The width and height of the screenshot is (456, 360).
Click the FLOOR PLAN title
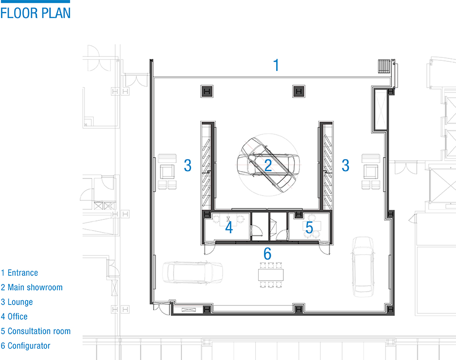(x=35, y=14)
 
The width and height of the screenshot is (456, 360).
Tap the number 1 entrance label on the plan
(x=276, y=65)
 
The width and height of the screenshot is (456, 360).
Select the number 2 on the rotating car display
(x=268, y=165)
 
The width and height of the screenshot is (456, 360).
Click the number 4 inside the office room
(x=229, y=227)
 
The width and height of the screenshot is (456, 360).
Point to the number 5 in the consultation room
(x=309, y=227)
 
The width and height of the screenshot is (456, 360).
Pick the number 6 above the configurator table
(x=267, y=253)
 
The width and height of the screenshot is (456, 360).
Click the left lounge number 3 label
(x=188, y=165)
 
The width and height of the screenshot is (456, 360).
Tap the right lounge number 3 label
(x=345, y=165)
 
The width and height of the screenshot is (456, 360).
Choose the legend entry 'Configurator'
(x=29, y=346)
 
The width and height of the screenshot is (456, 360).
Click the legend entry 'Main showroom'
(x=35, y=288)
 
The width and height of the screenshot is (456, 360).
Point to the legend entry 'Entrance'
(x=23, y=273)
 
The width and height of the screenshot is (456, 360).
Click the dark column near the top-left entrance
(x=207, y=91)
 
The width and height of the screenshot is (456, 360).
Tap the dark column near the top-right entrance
(x=298, y=91)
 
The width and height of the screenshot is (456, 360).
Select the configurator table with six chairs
(x=271, y=275)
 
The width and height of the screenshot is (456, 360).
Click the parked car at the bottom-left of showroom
(x=193, y=272)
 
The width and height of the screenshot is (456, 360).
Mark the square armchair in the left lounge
(x=167, y=172)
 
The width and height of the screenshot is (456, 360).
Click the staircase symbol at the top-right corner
(x=384, y=66)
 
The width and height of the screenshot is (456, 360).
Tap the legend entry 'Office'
(x=18, y=317)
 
